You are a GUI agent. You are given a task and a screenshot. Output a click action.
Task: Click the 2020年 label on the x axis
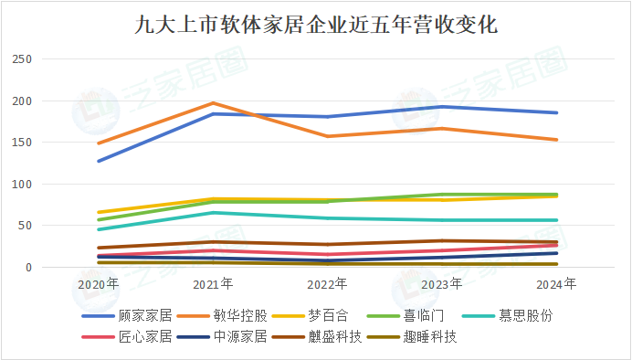(x=98, y=284)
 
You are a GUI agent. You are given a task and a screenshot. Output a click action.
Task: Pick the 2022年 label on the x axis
(x=327, y=284)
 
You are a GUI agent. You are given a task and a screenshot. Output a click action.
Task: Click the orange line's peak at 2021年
(x=213, y=103)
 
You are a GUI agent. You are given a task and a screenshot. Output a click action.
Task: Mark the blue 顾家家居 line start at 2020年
(x=99, y=161)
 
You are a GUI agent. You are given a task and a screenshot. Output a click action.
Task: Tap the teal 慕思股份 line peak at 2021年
(x=213, y=213)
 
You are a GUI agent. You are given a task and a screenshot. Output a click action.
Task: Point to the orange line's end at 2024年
(x=556, y=140)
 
